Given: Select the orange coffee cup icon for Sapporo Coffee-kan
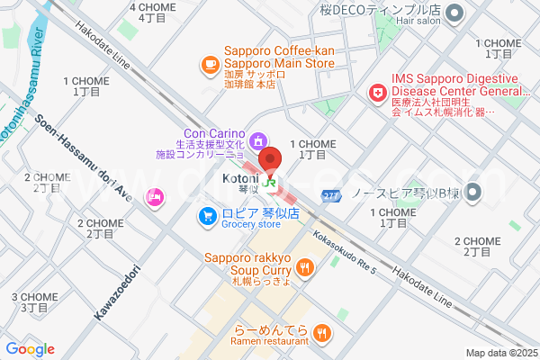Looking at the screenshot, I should point(210,64).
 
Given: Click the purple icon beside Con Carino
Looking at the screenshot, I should point(259,139).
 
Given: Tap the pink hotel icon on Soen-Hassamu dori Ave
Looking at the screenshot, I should point(156,196).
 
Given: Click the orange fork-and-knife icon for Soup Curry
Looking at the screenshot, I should point(306,266).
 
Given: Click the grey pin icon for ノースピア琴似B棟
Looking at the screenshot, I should point(475,192).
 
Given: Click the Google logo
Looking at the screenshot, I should point(30,349).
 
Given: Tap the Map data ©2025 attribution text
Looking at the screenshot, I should point(500,353).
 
